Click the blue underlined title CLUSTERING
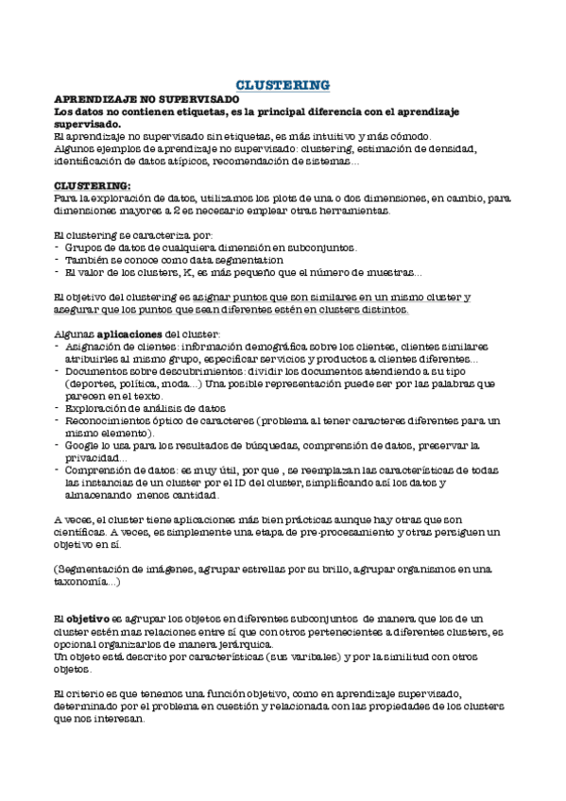point(283,84)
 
